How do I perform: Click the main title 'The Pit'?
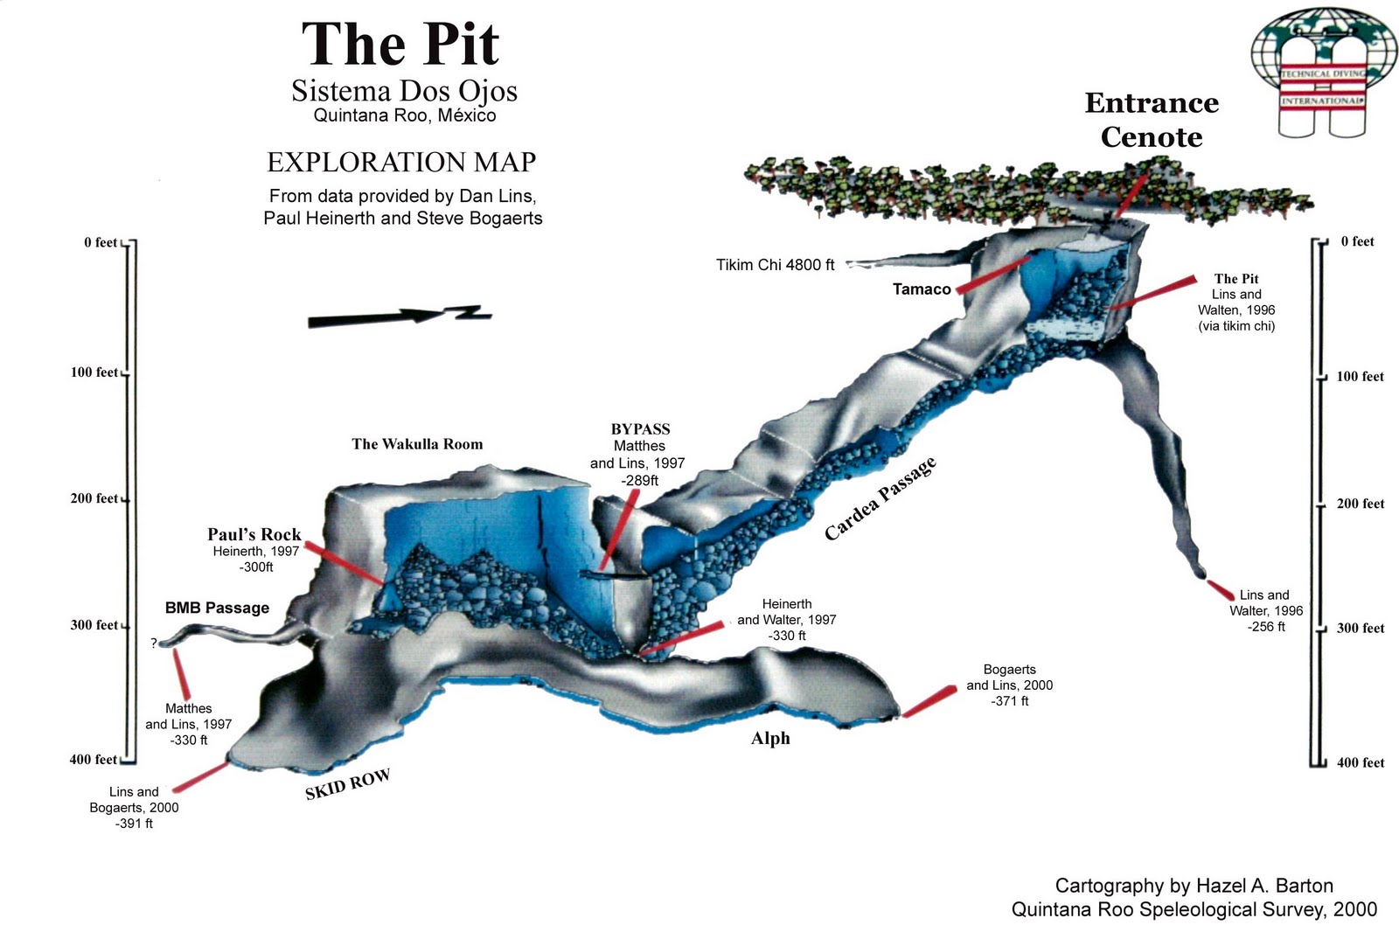click(400, 44)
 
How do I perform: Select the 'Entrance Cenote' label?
click(1152, 120)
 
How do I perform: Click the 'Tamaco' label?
click(922, 289)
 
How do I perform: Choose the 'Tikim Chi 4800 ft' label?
click(775, 265)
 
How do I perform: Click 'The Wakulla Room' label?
click(417, 444)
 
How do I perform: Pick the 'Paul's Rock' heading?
click(254, 534)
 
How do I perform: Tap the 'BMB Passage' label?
click(217, 608)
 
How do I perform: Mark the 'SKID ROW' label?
click(347, 784)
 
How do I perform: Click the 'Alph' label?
click(770, 739)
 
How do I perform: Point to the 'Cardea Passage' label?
click(880, 498)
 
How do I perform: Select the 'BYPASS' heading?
click(640, 429)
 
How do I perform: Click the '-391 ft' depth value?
click(134, 824)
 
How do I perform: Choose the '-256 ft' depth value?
click(1266, 627)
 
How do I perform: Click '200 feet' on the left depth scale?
click(94, 498)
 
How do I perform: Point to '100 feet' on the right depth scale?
click(1360, 377)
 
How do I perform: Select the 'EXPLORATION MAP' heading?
click(401, 163)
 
